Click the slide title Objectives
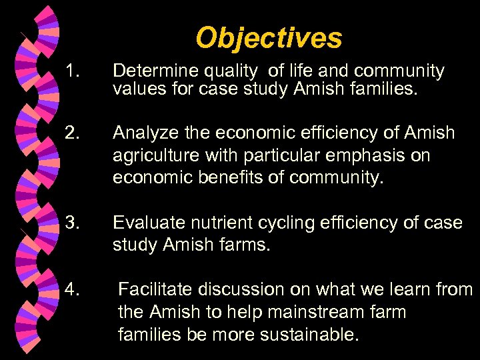(269, 39)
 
